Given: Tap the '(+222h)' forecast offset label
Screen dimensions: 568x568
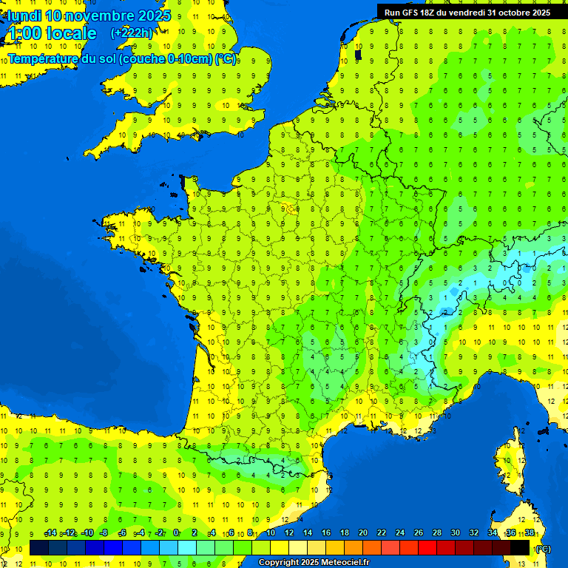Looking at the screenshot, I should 132,33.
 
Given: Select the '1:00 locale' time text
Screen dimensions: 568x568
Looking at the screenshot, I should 52,33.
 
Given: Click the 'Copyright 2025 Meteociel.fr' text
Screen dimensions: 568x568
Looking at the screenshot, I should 314,563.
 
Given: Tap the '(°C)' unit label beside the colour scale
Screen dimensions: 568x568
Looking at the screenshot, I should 543,549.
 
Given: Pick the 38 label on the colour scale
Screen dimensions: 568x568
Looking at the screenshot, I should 529,533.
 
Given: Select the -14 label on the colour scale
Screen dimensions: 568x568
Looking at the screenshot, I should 50,533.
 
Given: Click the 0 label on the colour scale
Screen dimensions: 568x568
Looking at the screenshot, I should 176,533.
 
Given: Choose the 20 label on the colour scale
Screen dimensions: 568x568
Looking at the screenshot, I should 362,533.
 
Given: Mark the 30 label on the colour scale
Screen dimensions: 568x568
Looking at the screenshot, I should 455,533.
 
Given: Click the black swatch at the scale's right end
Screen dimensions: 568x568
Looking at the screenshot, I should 520,548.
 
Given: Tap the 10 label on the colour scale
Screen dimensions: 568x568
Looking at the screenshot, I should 270,533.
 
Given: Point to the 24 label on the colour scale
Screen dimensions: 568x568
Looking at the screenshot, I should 399,533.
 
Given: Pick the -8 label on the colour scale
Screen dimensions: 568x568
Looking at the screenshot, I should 104,533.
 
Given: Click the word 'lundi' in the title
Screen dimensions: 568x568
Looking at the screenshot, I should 24,16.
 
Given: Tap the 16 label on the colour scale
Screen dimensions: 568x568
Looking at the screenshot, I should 325,533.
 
